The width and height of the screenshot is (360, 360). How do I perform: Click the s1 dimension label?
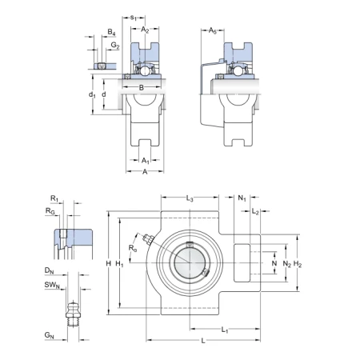coord(134,18)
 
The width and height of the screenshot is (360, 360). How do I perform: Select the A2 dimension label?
coord(145,30)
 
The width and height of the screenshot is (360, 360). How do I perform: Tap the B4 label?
coord(111,32)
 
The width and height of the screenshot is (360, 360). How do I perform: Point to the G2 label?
coord(115,46)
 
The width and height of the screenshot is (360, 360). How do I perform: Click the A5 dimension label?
coord(212,30)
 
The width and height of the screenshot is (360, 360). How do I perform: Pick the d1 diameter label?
coord(92,94)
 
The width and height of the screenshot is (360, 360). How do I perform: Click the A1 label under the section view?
coord(146,161)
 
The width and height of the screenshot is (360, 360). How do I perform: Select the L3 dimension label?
coord(190,198)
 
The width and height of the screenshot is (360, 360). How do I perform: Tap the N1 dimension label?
coord(242,198)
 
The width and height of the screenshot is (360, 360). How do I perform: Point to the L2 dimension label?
coord(255,212)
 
